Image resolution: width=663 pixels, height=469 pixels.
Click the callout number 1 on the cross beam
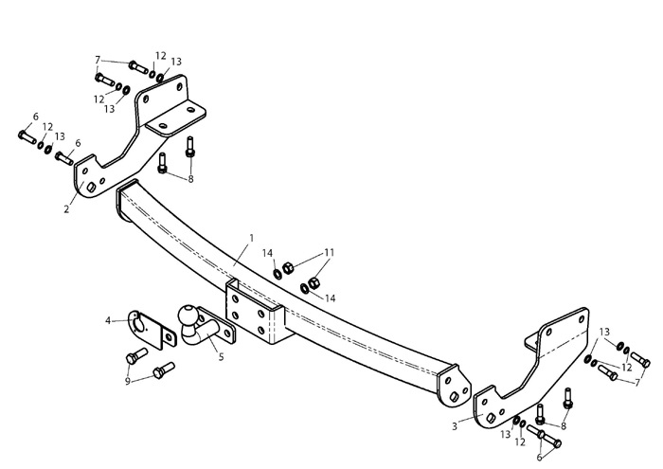coord(252,239)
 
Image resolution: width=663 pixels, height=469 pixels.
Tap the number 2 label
coord(66,208)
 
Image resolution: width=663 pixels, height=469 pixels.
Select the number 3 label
coord(455,426)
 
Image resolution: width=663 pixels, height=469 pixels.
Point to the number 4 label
coord(108,321)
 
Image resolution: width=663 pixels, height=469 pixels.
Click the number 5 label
coord(221,357)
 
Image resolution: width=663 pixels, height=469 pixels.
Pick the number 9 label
coord(127,381)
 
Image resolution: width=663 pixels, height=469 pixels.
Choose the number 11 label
coord(329,253)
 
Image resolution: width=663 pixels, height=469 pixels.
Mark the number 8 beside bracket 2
coord(190,179)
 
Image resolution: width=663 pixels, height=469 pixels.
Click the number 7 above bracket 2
coord(98,60)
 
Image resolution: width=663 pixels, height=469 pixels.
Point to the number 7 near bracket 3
coord(637,383)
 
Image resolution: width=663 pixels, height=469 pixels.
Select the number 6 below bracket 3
coord(539,458)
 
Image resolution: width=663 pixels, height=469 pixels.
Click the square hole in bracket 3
coord(491,418)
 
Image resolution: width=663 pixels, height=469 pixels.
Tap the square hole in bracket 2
coord(91,188)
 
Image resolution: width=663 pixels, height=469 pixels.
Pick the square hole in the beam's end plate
coord(454,397)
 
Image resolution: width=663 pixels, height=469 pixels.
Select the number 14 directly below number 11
coord(331,298)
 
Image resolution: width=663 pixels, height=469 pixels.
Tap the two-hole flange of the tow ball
coord(218,326)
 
